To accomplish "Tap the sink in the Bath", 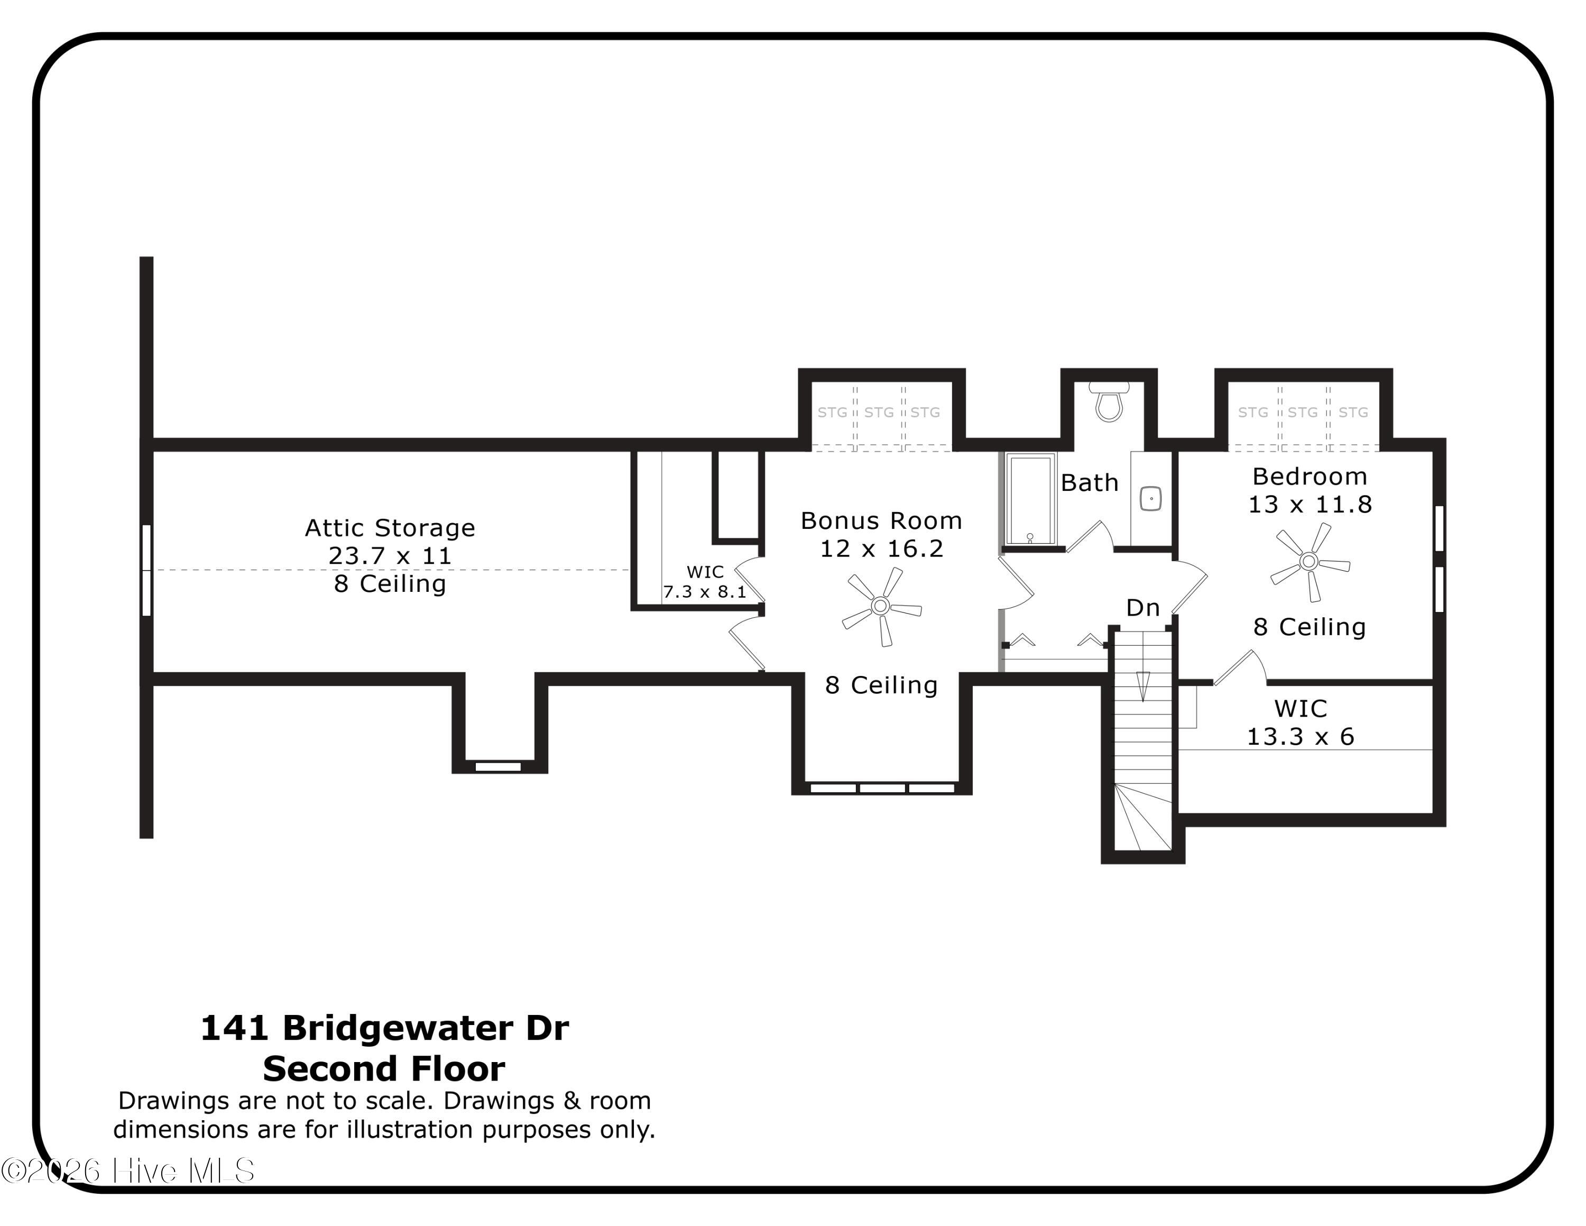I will pyautogui.click(x=1150, y=498).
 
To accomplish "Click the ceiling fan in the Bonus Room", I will pyautogui.click(x=880, y=606).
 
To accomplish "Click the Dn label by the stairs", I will pyautogui.click(x=1142, y=608).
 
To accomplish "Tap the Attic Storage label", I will pyautogui.click(x=390, y=527).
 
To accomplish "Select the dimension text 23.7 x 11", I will pyautogui.click(x=390, y=556).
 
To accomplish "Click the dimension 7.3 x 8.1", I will pyautogui.click(x=704, y=592).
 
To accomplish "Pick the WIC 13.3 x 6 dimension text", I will pyautogui.click(x=1300, y=736).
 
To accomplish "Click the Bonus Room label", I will pyautogui.click(x=881, y=521).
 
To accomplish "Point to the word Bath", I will pyautogui.click(x=1089, y=483).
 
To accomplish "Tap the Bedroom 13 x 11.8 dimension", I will pyautogui.click(x=1310, y=504).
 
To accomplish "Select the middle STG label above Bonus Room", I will pyautogui.click(x=879, y=413).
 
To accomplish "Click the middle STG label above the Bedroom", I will pyautogui.click(x=1302, y=413).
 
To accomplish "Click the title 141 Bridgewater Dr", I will pyautogui.click(x=384, y=1028).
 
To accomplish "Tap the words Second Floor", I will pyautogui.click(x=384, y=1069).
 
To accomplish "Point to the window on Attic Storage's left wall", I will pyautogui.click(x=146, y=570).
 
